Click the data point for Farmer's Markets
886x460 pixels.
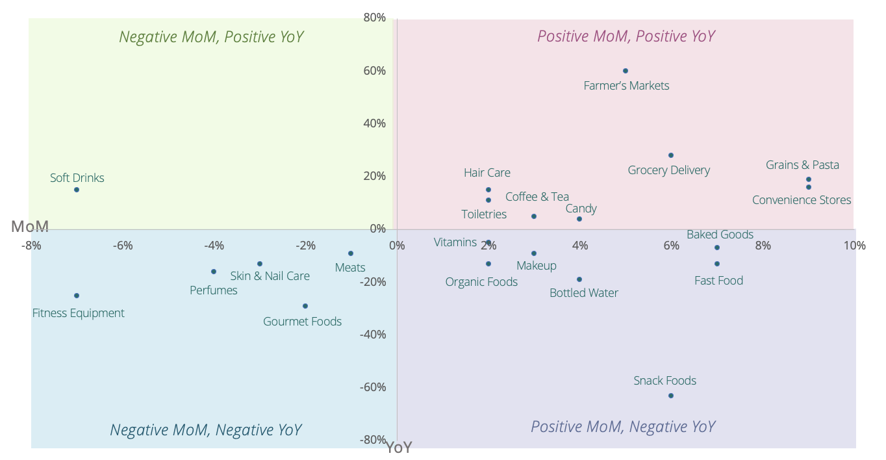(x=625, y=71)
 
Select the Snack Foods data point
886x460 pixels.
(x=670, y=396)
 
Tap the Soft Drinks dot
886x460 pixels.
(x=77, y=190)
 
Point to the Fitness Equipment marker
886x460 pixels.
(x=77, y=296)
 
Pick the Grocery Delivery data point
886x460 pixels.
(x=670, y=155)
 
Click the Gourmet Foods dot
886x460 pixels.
(x=305, y=306)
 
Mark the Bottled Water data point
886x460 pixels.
(x=579, y=279)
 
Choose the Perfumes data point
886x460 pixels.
(x=213, y=272)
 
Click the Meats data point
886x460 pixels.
(x=350, y=253)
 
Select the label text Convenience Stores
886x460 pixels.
(x=801, y=200)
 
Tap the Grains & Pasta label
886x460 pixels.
(x=802, y=165)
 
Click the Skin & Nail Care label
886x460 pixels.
(x=270, y=276)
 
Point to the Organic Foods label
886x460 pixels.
(x=481, y=282)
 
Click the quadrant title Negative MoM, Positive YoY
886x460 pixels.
(x=211, y=37)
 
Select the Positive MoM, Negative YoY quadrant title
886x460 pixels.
(x=622, y=427)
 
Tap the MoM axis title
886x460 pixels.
(x=30, y=227)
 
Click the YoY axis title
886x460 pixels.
(x=399, y=448)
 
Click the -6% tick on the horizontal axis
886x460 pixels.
(x=122, y=246)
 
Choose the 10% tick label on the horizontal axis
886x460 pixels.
(x=854, y=246)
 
